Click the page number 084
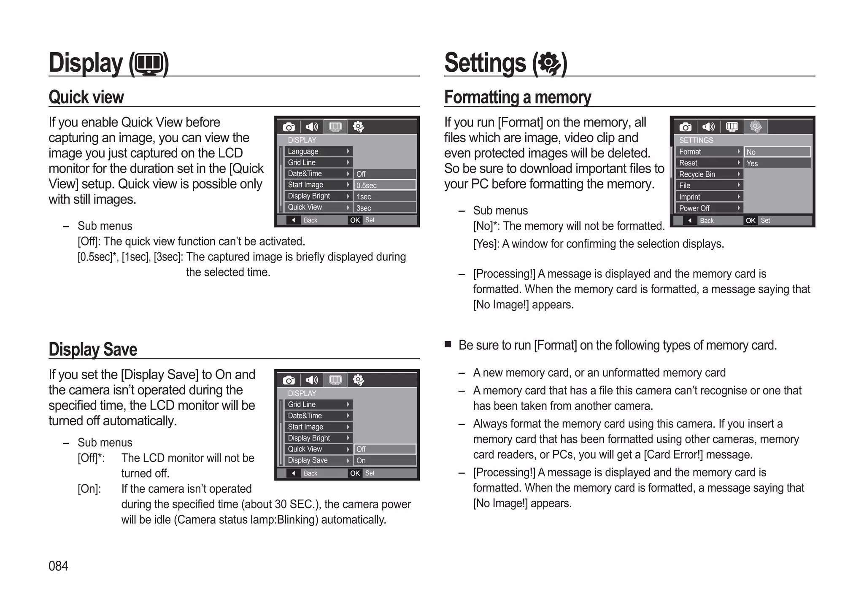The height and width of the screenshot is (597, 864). [58, 566]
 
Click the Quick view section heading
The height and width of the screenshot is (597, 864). [86, 97]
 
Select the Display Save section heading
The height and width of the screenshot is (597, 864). [93, 349]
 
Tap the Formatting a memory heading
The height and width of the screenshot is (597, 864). [517, 97]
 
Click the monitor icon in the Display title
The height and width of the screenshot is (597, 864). [149, 64]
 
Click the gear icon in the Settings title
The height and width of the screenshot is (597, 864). [550, 64]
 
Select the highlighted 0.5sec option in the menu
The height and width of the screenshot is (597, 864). [384, 185]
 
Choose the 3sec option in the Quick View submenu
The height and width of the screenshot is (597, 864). [384, 208]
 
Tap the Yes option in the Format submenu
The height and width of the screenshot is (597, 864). [777, 163]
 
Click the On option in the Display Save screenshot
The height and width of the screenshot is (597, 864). [384, 460]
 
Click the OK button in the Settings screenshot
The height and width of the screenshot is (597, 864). [751, 220]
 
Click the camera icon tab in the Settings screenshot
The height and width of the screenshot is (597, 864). [686, 127]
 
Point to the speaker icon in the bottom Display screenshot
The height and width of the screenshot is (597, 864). [312, 380]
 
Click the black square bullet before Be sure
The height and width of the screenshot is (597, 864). [448, 344]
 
